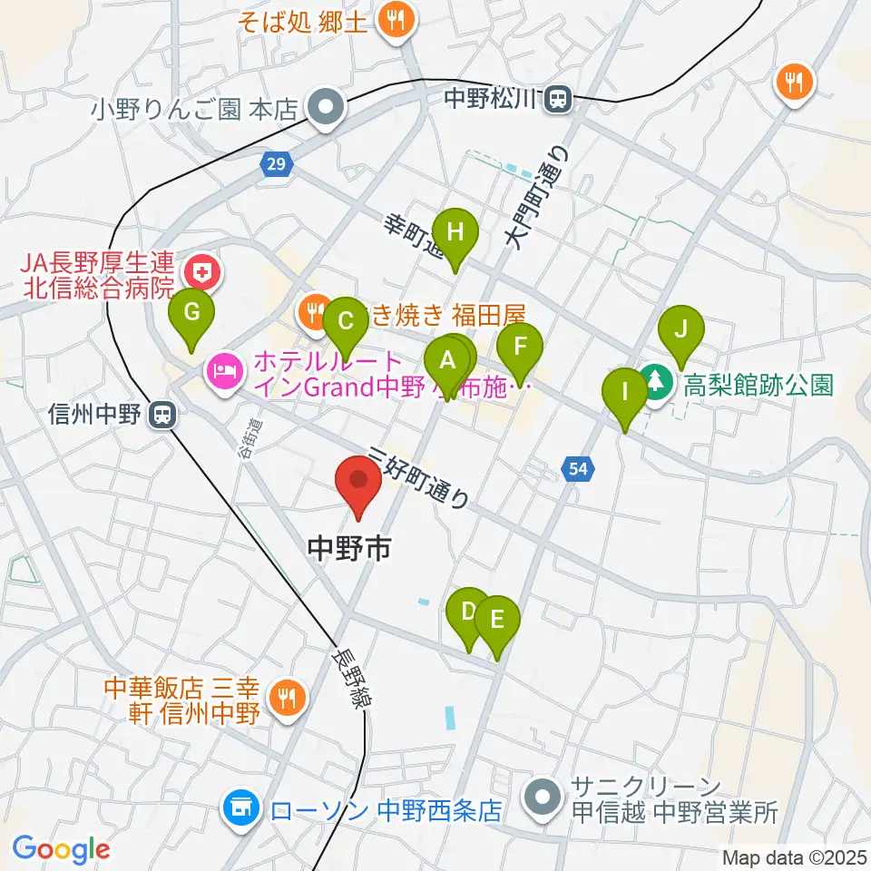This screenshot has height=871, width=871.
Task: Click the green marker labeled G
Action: [x=192, y=313]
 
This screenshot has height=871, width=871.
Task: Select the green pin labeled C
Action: [x=345, y=321]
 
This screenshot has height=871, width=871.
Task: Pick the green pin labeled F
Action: [x=520, y=346]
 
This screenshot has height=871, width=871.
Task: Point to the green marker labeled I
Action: [x=625, y=393]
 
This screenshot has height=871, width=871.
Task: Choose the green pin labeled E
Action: [x=496, y=619]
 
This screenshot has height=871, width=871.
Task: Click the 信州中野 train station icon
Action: [x=163, y=416]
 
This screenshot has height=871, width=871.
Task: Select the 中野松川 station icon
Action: [x=558, y=96]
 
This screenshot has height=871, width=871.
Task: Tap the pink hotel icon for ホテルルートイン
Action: [x=223, y=370]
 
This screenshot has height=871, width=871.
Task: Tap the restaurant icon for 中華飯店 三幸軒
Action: [x=287, y=697]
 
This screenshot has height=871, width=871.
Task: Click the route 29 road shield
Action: [x=276, y=163]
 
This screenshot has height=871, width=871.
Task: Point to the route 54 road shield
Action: [x=577, y=468]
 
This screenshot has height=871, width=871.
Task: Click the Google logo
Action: [x=61, y=849]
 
